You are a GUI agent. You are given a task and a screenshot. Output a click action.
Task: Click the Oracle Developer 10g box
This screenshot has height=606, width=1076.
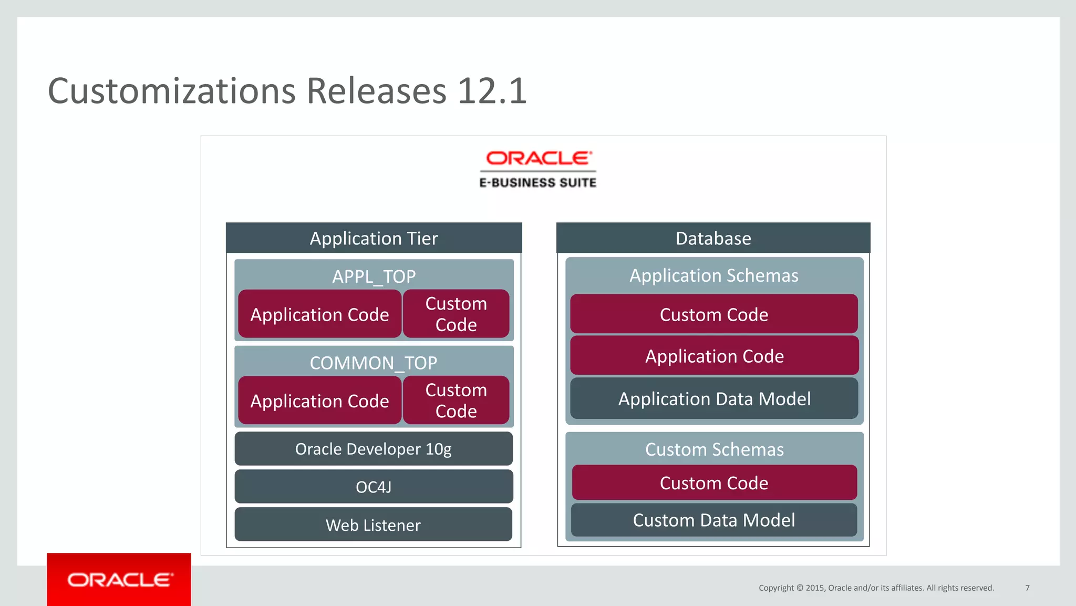coord(373,449)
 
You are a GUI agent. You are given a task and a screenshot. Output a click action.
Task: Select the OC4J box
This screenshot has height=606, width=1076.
coord(373,487)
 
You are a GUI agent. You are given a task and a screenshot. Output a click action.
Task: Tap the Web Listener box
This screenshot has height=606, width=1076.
coord(373,525)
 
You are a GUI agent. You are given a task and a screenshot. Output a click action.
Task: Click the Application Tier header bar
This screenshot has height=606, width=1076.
coord(374,238)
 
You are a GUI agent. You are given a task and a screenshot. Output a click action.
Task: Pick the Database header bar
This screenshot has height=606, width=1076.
coord(713,238)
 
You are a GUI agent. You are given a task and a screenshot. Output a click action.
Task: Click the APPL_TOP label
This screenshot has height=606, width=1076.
coord(374,276)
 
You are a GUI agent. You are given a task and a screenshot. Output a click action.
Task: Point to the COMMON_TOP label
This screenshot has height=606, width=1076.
coord(373,363)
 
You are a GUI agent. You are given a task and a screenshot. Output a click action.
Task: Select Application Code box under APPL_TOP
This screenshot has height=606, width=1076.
coord(319,314)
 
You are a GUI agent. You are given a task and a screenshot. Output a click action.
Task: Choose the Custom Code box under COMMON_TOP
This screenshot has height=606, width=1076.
coord(456,400)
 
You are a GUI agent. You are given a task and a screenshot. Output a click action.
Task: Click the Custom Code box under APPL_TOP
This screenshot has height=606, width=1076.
coord(456,314)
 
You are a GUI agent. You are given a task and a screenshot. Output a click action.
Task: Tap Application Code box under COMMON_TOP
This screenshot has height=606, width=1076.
coord(319,401)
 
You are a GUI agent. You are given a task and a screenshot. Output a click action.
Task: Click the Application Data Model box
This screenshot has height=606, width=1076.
coord(714,398)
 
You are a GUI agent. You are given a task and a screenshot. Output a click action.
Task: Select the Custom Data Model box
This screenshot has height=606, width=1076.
coord(713,520)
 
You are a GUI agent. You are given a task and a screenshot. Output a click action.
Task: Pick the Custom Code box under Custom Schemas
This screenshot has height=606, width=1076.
coord(714,482)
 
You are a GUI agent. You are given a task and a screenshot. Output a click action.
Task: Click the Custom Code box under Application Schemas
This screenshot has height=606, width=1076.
coord(714,314)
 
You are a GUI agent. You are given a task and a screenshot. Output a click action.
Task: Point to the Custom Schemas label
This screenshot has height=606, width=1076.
coord(714,449)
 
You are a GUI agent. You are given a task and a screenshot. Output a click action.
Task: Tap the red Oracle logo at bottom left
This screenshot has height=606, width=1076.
coord(119,580)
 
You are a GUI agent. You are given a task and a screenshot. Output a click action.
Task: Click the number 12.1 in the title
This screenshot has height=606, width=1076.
coord(492,91)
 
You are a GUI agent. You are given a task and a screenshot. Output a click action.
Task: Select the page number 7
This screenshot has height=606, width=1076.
coord(1027,588)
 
